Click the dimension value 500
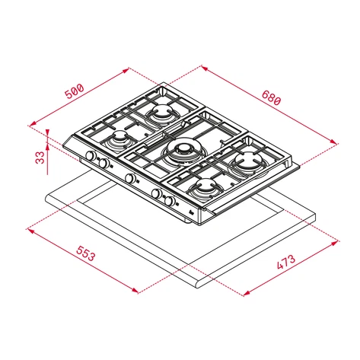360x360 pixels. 74,93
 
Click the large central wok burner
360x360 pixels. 183,152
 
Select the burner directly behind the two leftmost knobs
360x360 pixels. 119,142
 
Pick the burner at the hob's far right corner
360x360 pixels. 248,161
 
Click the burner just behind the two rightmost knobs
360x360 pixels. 205,187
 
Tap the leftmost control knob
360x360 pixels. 91,157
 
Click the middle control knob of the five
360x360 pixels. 131,179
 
